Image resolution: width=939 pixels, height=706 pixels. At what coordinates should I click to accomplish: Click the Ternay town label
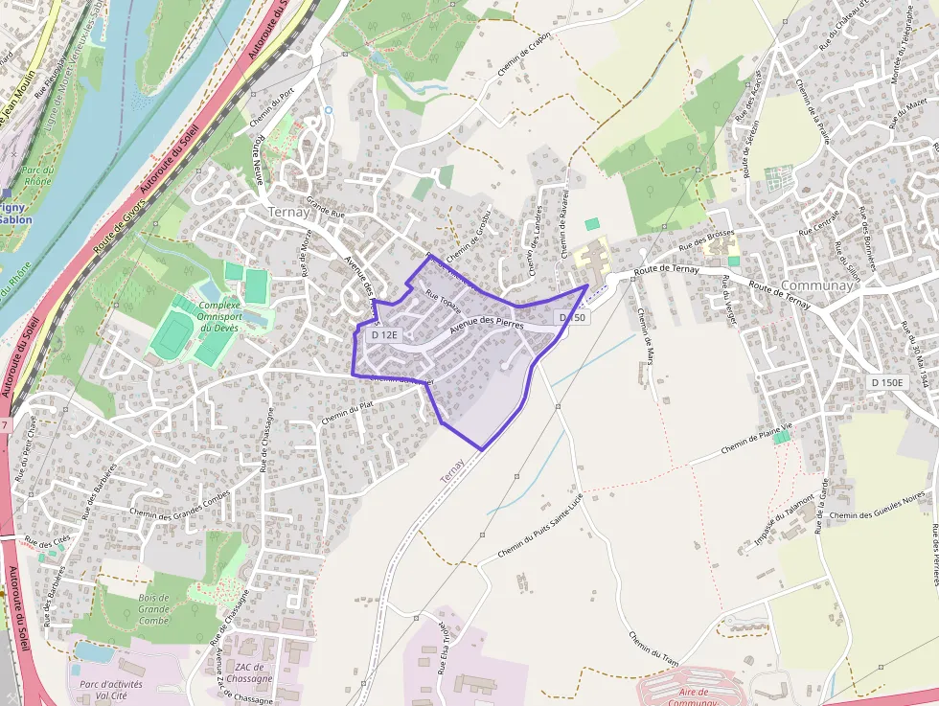pos(289,212)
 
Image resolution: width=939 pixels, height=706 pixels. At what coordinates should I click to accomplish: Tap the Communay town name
pos(817,285)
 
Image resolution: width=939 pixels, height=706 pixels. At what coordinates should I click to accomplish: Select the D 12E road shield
pos(384,335)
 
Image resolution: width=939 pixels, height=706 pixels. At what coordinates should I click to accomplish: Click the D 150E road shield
pos(887,382)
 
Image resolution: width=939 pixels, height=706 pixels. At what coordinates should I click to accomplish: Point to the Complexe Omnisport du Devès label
pos(217,315)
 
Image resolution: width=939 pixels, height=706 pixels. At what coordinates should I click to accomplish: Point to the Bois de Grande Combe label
pos(153,608)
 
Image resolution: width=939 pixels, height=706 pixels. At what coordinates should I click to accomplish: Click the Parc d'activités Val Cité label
pos(111,691)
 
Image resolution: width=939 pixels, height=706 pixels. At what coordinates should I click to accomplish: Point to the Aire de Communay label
pos(688,697)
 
